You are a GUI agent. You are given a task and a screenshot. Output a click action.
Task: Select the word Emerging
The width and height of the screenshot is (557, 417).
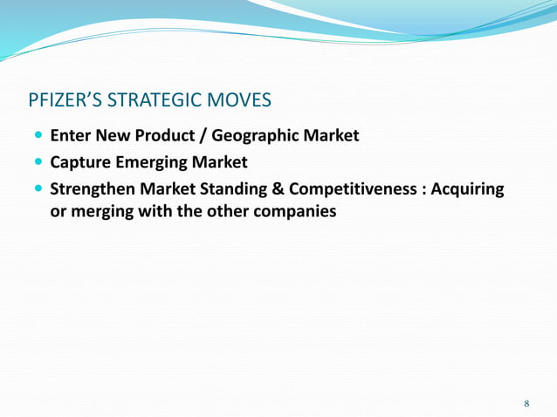(x=162, y=161)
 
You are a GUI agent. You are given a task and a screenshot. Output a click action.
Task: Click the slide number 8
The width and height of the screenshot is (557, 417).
(x=526, y=403)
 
